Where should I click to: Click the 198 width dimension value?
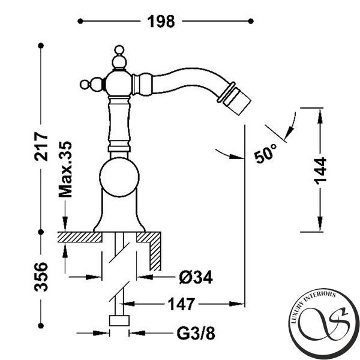161,22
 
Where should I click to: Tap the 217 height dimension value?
41,146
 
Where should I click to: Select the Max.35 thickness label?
65,169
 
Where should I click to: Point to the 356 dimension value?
41,277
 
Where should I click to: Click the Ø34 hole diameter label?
196,277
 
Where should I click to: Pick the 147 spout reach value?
181,304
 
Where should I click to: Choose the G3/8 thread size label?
196,334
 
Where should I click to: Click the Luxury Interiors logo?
324,323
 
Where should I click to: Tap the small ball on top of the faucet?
119,50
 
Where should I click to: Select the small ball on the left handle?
84,84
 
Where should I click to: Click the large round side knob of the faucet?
119,177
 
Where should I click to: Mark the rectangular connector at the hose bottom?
119,320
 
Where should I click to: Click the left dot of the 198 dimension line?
80,22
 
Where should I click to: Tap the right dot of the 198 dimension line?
251,22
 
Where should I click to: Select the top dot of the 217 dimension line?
41,46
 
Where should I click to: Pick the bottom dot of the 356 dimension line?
41,326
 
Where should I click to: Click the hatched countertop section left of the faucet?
80,237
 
